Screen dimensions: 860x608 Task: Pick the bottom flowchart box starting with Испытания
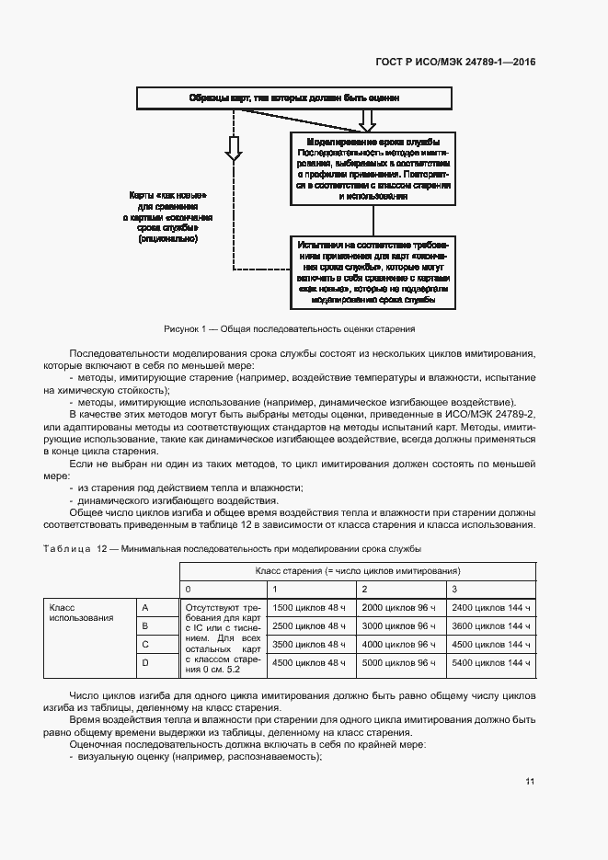373,272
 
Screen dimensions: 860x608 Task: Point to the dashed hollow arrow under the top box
234,147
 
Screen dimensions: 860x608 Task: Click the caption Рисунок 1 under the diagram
290,328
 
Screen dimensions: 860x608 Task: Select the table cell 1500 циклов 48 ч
310,607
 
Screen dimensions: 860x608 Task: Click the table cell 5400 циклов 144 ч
491,662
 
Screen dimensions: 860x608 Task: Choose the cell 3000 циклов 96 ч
400,625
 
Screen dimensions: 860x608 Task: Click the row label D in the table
144,662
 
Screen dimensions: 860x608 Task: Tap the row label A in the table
144,607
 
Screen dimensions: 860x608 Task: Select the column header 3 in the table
454,589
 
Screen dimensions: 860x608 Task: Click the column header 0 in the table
189,589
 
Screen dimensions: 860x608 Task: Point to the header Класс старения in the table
358,571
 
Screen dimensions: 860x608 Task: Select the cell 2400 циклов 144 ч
491,607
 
